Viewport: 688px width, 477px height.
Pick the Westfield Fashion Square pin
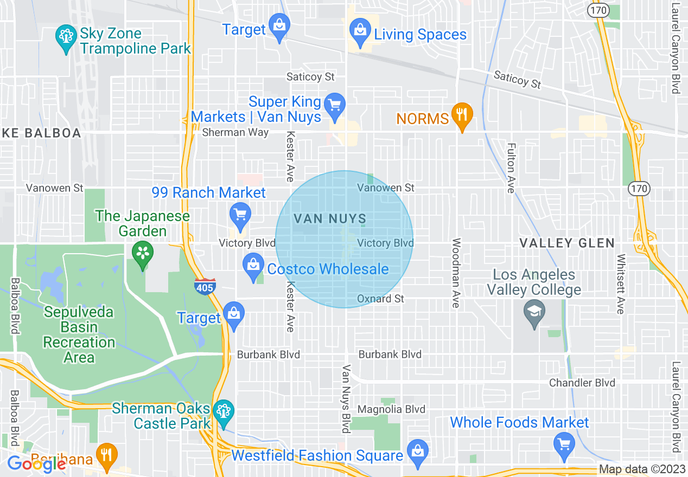[x=417, y=451]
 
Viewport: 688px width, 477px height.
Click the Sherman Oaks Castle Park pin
[x=223, y=411]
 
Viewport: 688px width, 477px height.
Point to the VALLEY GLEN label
[x=567, y=243]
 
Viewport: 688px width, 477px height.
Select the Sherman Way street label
[x=235, y=132]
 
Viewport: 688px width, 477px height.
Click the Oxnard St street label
[x=380, y=299]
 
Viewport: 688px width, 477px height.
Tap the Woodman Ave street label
[x=456, y=273]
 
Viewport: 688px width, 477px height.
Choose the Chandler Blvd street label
[x=582, y=383]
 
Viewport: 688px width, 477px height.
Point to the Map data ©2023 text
[x=642, y=469]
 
